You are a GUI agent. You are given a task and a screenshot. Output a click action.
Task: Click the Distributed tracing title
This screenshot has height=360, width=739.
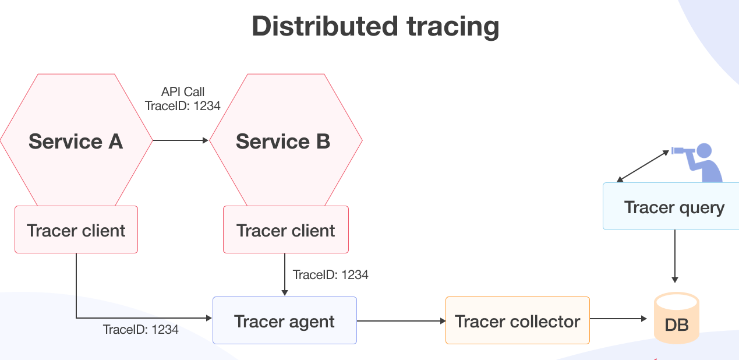(x=375, y=26)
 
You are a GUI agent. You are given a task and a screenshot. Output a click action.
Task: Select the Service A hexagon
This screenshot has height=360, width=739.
(x=76, y=141)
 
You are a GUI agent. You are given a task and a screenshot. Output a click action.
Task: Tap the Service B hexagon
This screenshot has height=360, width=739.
(x=285, y=141)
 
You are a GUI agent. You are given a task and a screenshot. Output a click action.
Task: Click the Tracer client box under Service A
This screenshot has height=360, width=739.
(x=76, y=230)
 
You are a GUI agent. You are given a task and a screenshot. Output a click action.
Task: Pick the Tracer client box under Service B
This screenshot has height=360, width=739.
(x=286, y=230)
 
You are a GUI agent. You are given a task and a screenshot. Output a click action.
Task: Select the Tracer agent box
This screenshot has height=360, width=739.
(x=284, y=321)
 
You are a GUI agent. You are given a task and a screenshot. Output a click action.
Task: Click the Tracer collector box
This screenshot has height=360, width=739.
(x=518, y=321)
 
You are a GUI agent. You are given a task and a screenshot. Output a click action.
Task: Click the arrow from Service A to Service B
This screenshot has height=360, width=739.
(x=181, y=140)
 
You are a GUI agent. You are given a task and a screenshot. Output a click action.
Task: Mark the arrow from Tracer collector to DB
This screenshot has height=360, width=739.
(x=618, y=319)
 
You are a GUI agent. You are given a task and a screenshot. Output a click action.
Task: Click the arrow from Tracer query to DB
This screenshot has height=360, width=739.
(x=675, y=256)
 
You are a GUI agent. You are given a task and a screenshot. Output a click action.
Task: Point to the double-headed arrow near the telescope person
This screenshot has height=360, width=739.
(x=643, y=165)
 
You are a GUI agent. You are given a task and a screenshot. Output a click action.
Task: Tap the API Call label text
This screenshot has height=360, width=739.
(x=183, y=92)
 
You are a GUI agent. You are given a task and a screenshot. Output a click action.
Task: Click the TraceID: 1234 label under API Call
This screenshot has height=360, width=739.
(x=183, y=106)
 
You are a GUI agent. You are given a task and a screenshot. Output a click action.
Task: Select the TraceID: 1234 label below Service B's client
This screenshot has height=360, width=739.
(x=331, y=274)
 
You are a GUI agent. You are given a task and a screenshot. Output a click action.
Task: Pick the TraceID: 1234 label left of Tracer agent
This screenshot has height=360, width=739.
(x=141, y=329)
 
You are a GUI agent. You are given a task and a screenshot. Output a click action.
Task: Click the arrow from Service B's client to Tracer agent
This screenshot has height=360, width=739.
(x=284, y=274)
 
